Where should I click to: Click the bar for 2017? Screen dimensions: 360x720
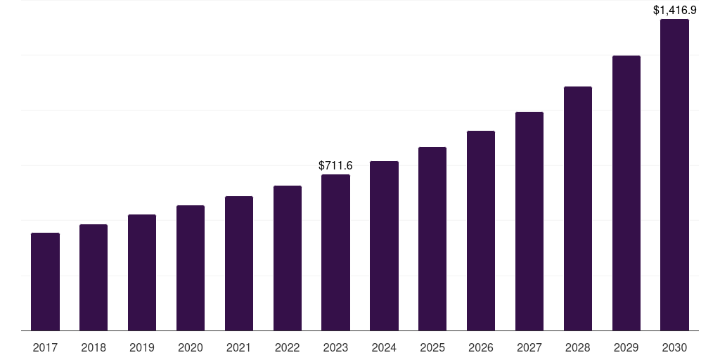click(x=45, y=281)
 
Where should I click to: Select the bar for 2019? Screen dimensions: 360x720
click(x=142, y=272)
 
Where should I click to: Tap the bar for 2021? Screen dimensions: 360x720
click(x=239, y=263)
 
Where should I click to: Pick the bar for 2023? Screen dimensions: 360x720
click(x=335, y=252)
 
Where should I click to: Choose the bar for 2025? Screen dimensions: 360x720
click(x=432, y=238)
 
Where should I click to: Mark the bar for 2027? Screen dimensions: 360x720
click(x=529, y=221)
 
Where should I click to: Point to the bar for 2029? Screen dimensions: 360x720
click(x=626, y=193)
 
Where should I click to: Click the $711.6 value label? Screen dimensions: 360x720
click(x=335, y=165)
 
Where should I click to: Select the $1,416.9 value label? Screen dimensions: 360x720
click(x=674, y=10)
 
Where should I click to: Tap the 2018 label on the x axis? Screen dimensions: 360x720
click(x=94, y=347)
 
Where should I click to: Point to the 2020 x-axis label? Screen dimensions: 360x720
click(x=191, y=347)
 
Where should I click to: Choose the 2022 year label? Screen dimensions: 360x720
click(x=288, y=347)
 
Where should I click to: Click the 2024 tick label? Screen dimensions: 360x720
click(x=384, y=347)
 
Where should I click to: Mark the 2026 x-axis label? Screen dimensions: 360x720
click(x=481, y=347)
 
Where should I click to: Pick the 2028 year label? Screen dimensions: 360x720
click(x=578, y=347)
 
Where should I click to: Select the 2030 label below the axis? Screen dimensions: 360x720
click(x=674, y=347)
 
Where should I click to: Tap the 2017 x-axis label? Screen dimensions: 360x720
click(x=45, y=347)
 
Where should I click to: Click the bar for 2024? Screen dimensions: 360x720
click(x=384, y=245)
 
